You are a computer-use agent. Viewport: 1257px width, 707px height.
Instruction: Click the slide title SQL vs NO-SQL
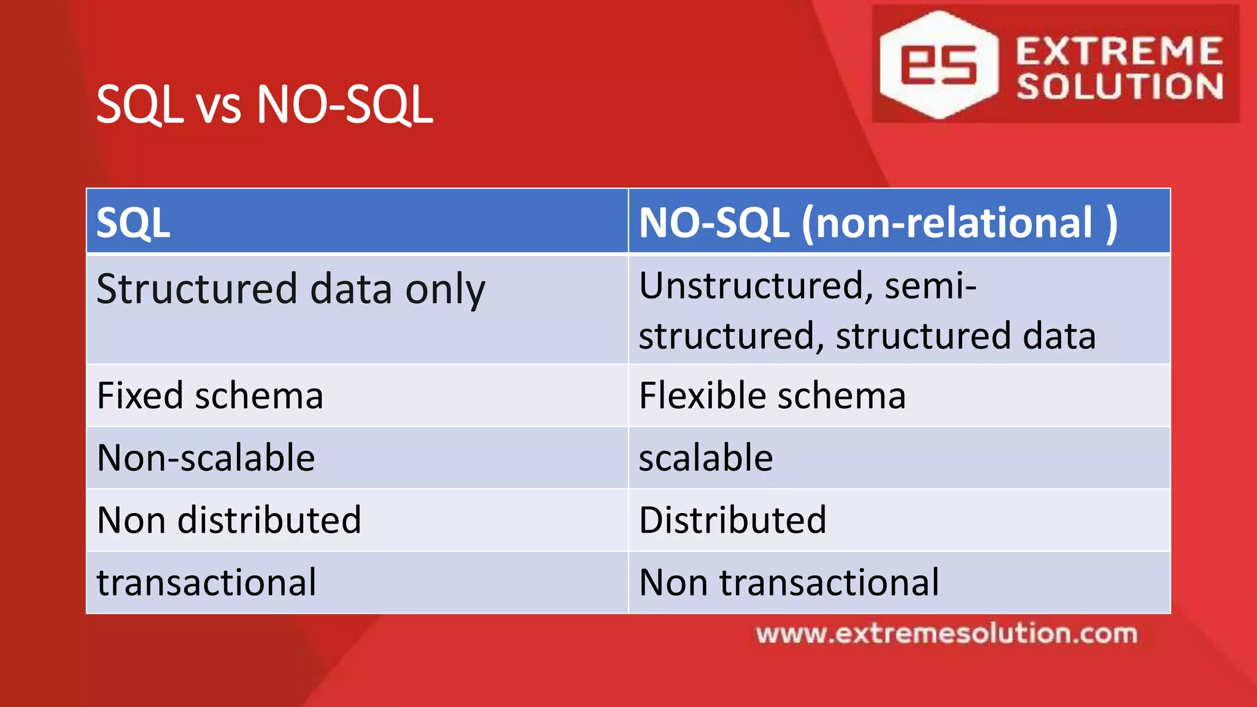click(265, 105)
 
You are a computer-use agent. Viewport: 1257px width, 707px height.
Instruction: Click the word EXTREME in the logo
click(1119, 51)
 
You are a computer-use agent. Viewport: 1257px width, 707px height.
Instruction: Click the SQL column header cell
click(357, 222)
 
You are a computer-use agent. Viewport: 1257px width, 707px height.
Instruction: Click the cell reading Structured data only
click(290, 288)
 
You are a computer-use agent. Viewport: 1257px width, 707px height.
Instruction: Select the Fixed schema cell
click(210, 395)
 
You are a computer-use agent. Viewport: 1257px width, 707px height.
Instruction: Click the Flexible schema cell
click(772, 395)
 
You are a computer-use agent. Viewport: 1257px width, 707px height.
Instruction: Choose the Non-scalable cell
click(206, 458)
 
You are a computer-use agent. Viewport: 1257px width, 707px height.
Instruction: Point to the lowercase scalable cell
click(706, 458)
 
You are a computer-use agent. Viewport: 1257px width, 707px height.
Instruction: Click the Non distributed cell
click(229, 520)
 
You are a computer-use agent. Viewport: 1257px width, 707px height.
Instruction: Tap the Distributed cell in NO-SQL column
click(733, 520)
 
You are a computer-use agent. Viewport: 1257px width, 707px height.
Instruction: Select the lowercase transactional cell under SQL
click(207, 582)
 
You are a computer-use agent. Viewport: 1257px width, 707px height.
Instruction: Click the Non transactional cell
click(789, 582)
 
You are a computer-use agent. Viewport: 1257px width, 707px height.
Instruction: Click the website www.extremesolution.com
click(946, 633)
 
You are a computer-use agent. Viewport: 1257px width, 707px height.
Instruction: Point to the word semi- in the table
click(930, 286)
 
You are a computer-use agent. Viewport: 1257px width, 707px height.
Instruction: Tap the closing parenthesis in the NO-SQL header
click(1112, 223)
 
